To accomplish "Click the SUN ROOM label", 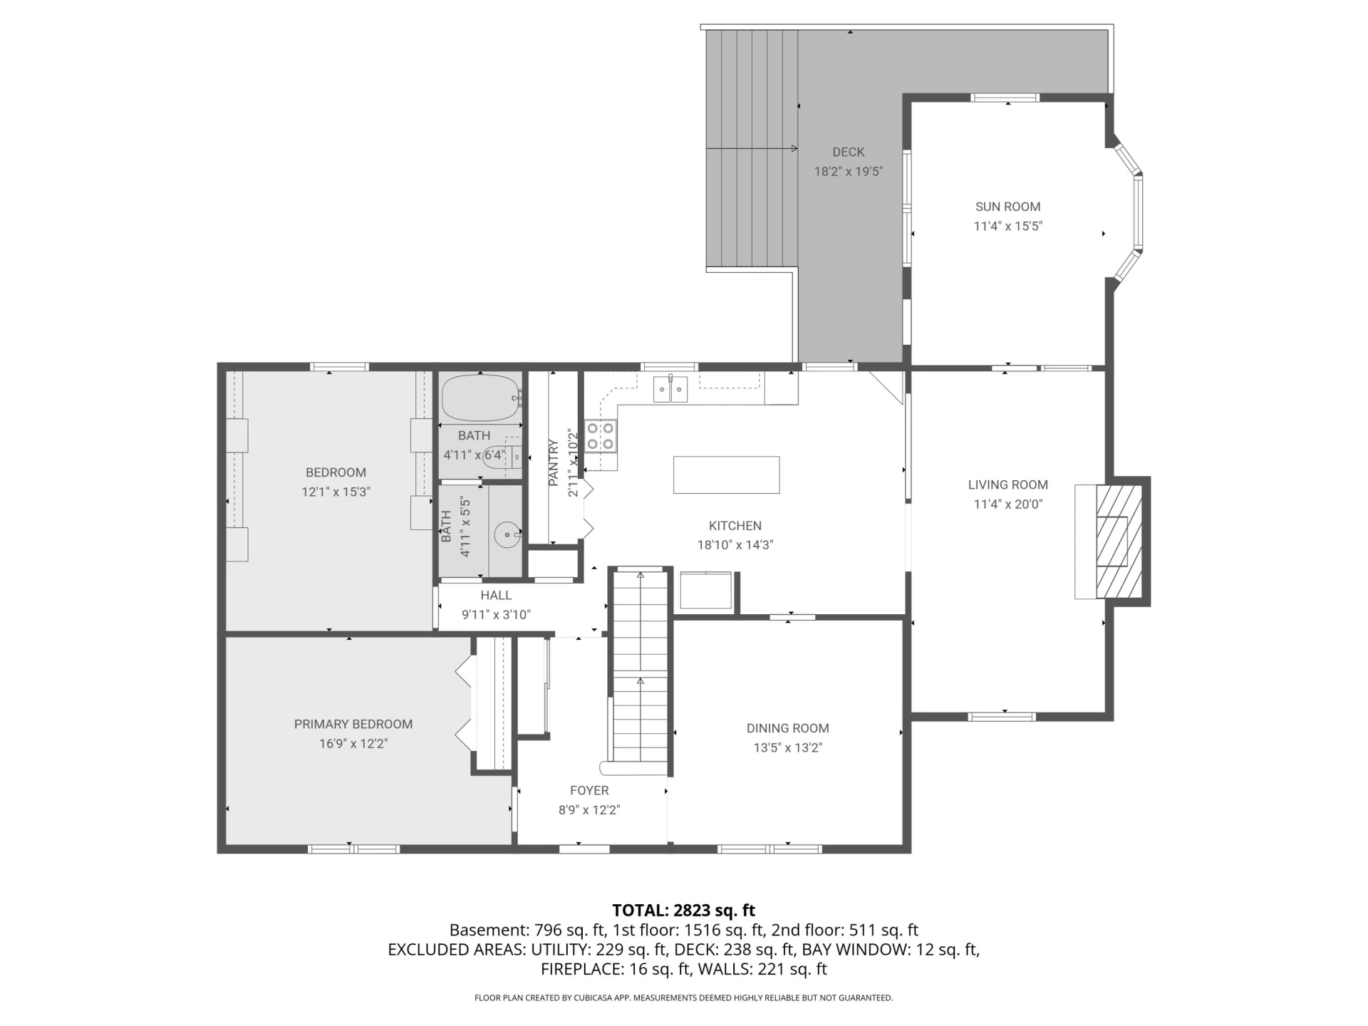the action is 1007,207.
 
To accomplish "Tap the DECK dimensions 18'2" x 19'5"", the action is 849,172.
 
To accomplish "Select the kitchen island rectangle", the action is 726,475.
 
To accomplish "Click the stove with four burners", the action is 601,436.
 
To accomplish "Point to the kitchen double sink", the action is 670,389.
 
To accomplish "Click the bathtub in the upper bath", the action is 480,398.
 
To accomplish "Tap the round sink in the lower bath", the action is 507,534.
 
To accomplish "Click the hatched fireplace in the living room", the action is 1119,541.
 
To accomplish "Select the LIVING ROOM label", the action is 1007,484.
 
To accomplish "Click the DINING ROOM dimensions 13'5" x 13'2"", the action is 788,748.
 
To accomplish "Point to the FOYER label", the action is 589,790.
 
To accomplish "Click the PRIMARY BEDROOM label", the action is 353,724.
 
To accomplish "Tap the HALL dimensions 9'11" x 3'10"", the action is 496,615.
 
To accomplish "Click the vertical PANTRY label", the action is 554,463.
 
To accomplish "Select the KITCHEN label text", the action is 735,526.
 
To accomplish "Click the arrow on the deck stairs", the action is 752,149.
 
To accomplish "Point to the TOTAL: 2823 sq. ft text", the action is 684,910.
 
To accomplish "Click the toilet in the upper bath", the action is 502,455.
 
